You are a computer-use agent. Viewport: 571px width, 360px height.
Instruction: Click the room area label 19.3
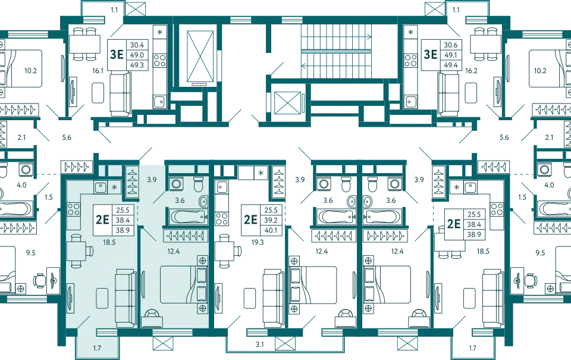coord(258,242)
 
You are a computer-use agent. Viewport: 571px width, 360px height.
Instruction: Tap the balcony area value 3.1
coord(259,344)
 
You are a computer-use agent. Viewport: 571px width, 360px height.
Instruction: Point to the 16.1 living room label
coord(98,71)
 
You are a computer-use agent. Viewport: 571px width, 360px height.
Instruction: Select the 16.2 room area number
coord(471,71)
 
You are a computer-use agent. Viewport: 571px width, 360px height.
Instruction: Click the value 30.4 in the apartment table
coord(137,45)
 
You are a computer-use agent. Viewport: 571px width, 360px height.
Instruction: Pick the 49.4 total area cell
coord(450,65)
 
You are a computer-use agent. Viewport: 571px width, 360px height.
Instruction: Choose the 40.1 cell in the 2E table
coord(271,230)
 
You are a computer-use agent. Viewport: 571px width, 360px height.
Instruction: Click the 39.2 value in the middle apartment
coord(271,220)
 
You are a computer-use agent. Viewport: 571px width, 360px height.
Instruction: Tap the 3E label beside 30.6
coord(431,55)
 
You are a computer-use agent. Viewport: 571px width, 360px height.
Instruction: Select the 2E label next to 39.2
coord(250,220)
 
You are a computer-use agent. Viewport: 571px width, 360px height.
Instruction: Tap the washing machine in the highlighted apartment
coord(177,184)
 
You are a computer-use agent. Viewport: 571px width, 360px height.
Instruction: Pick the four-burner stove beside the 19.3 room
coord(221,218)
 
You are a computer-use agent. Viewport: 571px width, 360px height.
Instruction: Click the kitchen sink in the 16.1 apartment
coord(159,102)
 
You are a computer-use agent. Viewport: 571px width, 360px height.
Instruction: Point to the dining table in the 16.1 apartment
coord(84,44)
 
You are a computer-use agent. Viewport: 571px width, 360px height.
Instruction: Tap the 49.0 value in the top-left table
coord(137,55)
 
